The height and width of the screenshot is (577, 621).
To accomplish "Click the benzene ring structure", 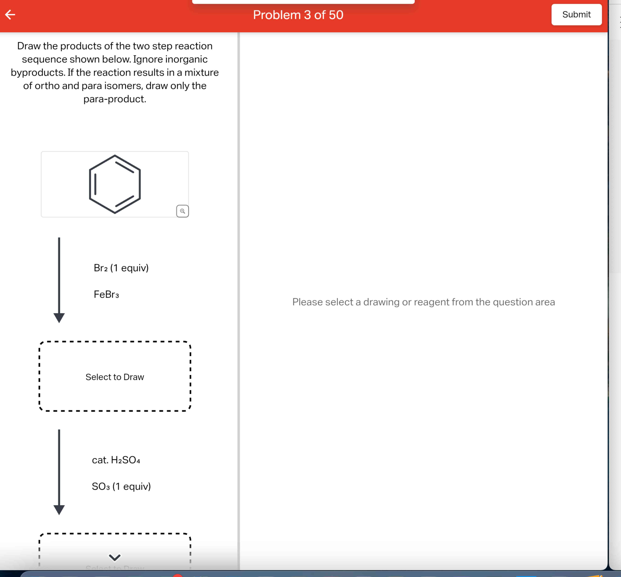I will tap(115, 184).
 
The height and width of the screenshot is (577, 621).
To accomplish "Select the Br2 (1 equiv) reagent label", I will tap(121, 268).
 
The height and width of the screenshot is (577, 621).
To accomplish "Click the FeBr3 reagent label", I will tap(106, 294).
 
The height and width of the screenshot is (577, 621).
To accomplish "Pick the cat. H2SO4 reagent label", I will tap(116, 460).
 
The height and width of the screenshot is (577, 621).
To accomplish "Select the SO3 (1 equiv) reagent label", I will tap(121, 487).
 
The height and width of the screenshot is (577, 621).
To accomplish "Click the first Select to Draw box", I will tap(115, 377).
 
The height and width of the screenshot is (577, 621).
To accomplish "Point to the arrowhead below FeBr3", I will tap(59, 318).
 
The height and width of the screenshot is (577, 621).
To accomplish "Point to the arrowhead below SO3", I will tap(59, 510).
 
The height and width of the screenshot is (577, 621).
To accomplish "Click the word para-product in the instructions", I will tap(115, 99).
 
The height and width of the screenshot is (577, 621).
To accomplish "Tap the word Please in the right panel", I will tap(307, 302).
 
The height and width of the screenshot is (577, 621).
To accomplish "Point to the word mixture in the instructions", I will tap(201, 72).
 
